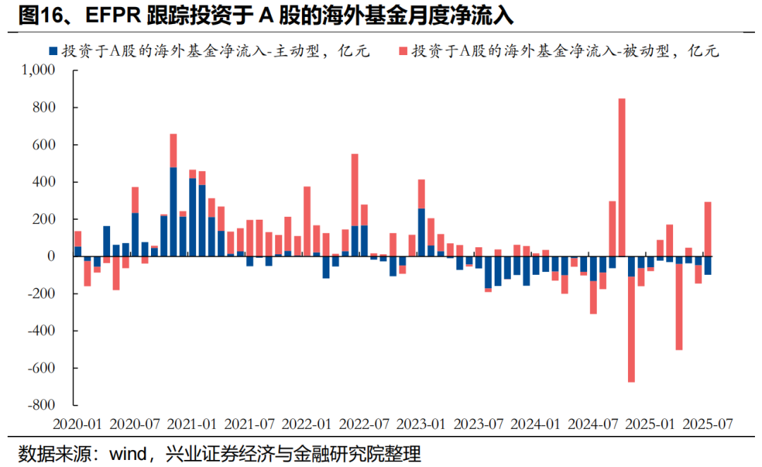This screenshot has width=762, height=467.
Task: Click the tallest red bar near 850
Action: (x=622, y=177)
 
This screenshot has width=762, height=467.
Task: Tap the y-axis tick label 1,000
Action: (x=40, y=71)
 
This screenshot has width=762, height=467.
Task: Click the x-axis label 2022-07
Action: (x=364, y=424)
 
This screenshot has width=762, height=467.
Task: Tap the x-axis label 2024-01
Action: (x=536, y=424)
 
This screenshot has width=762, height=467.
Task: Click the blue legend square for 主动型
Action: (x=52, y=51)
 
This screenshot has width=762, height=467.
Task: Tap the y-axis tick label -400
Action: (x=42, y=331)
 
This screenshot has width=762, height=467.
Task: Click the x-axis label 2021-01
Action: (x=192, y=424)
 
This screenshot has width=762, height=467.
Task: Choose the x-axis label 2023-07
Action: (x=479, y=424)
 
